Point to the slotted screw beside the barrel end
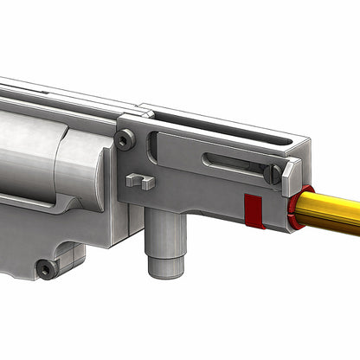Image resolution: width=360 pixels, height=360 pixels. point(273,173)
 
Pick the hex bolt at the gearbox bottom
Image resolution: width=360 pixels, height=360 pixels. point(46,269)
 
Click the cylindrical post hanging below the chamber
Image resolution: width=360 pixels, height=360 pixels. point(164,239)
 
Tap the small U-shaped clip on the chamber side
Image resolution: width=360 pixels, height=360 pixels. point(139,181)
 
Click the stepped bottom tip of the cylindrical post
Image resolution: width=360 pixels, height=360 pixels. point(164,267)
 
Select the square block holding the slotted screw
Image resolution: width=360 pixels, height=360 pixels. point(291,172)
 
